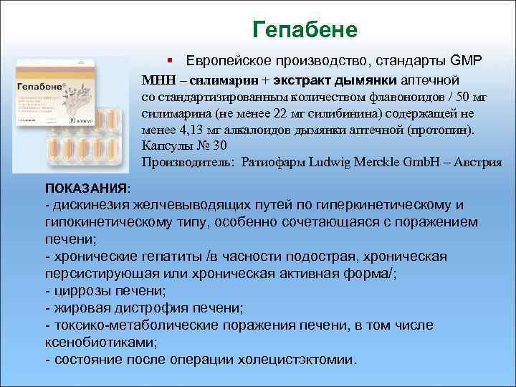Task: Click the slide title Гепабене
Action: click(305, 30)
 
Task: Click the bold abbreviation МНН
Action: click(158, 79)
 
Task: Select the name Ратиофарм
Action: click(277, 162)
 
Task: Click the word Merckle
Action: click(384, 162)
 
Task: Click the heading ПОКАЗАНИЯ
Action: click(85, 188)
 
